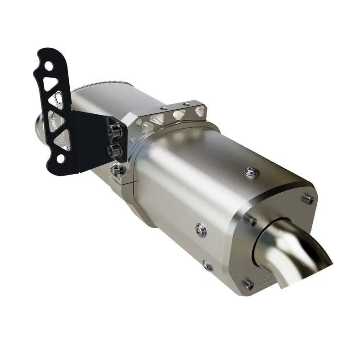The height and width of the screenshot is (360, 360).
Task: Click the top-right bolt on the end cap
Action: (308, 200)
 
